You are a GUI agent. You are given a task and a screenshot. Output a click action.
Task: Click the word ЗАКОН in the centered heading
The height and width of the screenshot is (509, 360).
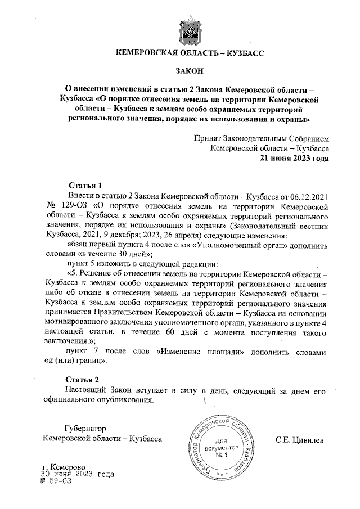189,71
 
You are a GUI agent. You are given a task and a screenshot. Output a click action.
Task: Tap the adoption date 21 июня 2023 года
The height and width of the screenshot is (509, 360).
294,158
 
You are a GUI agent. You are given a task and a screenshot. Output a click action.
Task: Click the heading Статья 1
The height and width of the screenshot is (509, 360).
84,185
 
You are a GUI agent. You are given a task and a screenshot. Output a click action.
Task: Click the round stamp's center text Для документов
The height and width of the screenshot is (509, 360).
228,447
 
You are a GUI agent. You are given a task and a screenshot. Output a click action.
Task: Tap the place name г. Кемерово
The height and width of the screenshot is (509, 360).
64,467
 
